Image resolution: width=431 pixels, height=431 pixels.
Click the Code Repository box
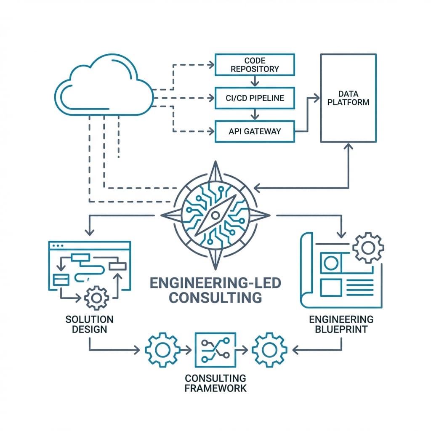[x=255, y=64]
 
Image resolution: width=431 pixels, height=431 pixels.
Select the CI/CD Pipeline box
[x=255, y=98]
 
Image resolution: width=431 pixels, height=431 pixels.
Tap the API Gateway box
[x=255, y=131]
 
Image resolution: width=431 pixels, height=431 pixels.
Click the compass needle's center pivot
[x=215, y=215]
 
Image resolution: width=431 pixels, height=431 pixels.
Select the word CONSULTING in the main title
[x=215, y=297]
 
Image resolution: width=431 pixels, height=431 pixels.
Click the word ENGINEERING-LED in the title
[x=215, y=282]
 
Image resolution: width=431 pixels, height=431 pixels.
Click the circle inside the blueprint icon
[x=330, y=263]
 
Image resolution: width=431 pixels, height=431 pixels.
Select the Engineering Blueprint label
[x=341, y=324]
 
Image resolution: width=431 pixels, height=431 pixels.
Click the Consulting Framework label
[x=215, y=382]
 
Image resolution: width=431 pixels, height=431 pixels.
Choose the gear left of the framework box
[x=162, y=349]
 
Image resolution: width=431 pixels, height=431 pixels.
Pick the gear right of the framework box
[x=269, y=349]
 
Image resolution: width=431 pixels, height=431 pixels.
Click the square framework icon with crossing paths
[x=215, y=349]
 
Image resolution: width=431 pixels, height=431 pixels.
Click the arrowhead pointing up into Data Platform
[x=348, y=146]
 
